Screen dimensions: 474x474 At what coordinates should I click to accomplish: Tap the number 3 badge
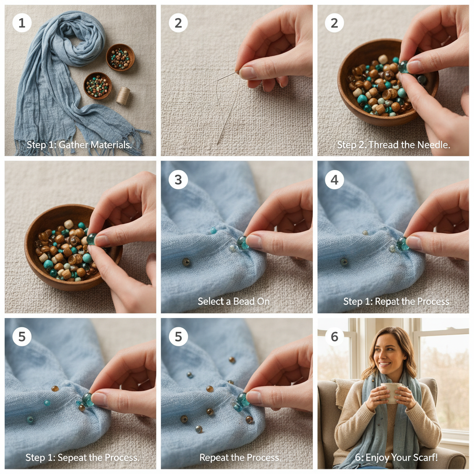[178, 179]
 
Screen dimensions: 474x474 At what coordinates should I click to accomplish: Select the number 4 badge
[334, 179]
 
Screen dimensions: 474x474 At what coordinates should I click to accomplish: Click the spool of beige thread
[123, 95]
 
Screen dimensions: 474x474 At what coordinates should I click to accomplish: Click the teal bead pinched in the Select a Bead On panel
[242, 242]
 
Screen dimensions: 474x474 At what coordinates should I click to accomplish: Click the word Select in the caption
[211, 301]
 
